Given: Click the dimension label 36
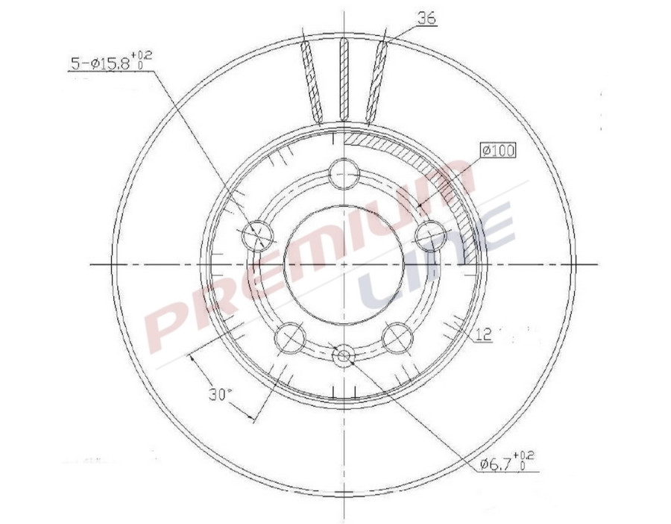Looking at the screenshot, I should point(426,19).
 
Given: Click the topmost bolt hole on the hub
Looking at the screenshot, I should point(343,175).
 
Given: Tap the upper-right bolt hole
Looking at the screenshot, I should point(429,236).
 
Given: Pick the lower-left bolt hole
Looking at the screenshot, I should point(289,338).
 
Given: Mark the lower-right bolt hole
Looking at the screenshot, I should point(397,338).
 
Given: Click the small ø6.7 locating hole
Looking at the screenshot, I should point(343,356).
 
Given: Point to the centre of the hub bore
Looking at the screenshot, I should point(343,264).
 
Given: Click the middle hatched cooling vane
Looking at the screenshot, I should point(344,78).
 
